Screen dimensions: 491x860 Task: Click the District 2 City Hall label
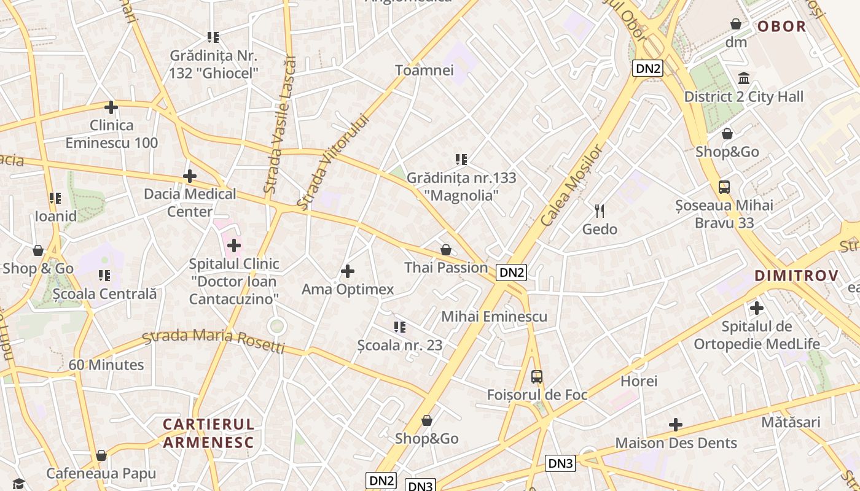[743, 96]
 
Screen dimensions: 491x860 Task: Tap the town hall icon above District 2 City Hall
[744, 78]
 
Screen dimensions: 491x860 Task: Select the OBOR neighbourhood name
[781, 26]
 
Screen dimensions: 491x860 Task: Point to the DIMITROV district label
[796, 276]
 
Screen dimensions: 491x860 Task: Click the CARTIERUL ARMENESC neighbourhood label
[208, 433]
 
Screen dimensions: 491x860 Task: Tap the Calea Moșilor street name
[572, 185]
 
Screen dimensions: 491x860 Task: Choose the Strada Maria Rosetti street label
[213, 341]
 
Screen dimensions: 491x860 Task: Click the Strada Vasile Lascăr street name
[279, 125]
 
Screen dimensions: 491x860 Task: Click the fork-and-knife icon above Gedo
[600, 211]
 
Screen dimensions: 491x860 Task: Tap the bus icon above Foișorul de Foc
[537, 376]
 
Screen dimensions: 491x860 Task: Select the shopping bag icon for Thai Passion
[446, 250]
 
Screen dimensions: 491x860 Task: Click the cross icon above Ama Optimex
[348, 271]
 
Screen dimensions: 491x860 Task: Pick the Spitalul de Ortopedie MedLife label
[757, 335]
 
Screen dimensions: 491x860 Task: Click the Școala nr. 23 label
[400, 345]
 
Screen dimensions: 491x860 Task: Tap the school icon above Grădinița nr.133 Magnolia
[461, 160]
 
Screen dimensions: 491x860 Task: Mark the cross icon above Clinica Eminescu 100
[111, 107]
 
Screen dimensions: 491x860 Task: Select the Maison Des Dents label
[676, 443]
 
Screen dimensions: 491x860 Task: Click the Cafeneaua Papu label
[101, 474]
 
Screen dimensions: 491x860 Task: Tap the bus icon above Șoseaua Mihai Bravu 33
[724, 187]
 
